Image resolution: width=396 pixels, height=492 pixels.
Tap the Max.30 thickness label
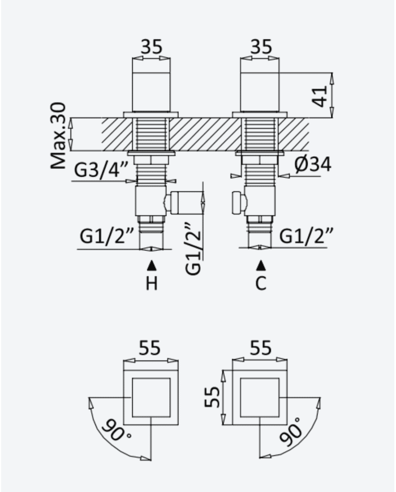[x=59, y=135]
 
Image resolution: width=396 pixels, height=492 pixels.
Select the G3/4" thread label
[x=101, y=170]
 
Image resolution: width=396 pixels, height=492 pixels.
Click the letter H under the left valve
[x=152, y=283]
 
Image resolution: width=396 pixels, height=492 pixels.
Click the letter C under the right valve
[x=261, y=283]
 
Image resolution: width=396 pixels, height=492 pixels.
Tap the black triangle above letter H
[x=152, y=266]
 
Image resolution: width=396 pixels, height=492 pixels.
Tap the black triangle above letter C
[x=261, y=266]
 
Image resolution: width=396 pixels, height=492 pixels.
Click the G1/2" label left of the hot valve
[x=107, y=236]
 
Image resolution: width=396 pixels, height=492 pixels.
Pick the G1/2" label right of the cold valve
[x=305, y=236]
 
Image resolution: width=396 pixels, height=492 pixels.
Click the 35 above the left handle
[x=152, y=47]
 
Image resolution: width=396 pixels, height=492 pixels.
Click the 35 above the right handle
[x=261, y=47]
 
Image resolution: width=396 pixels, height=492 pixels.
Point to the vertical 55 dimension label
[x=212, y=397]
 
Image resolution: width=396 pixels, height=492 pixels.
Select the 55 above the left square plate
[x=149, y=348]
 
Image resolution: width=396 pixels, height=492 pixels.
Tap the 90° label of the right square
[x=290, y=431]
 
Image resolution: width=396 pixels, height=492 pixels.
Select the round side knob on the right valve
[x=238, y=203]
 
